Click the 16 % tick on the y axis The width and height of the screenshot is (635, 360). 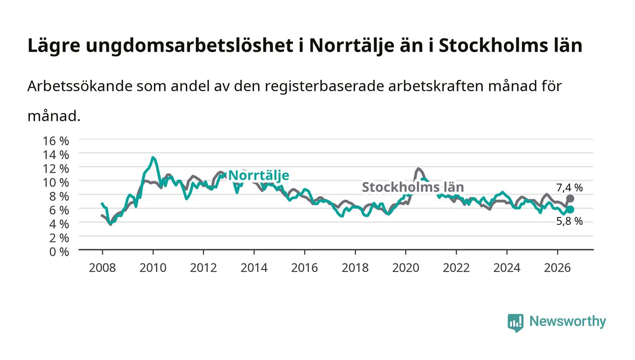click(x=55, y=141)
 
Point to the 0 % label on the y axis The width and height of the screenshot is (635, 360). click(x=59, y=252)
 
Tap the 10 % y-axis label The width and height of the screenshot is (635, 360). click(x=55, y=183)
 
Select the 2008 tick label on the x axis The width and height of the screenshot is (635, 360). click(x=103, y=268)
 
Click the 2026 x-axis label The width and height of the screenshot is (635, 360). click(x=557, y=268)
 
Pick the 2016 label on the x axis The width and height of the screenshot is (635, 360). click(x=304, y=268)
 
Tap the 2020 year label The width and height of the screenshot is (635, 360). click(x=405, y=268)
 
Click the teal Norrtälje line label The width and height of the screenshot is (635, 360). click(x=259, y=176)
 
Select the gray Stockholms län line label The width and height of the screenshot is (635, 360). click(x=413, y=187)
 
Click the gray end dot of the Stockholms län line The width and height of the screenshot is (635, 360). click(x=570, y=199)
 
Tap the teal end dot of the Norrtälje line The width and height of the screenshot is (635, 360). click(x=570, y=209)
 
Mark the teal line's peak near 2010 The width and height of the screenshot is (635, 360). click(x=153, y=157)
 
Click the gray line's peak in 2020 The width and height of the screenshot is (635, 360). click(x=418, y=168)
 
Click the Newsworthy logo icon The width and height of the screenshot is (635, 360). click(x=515, y=323)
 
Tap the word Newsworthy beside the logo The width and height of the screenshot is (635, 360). click(x=567, y=321)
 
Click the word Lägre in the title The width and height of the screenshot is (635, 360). click(x=54, y=46)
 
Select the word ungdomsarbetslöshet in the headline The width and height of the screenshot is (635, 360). click(x=190, y=45)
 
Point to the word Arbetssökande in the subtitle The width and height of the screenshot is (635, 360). click(x=80, y=86)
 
